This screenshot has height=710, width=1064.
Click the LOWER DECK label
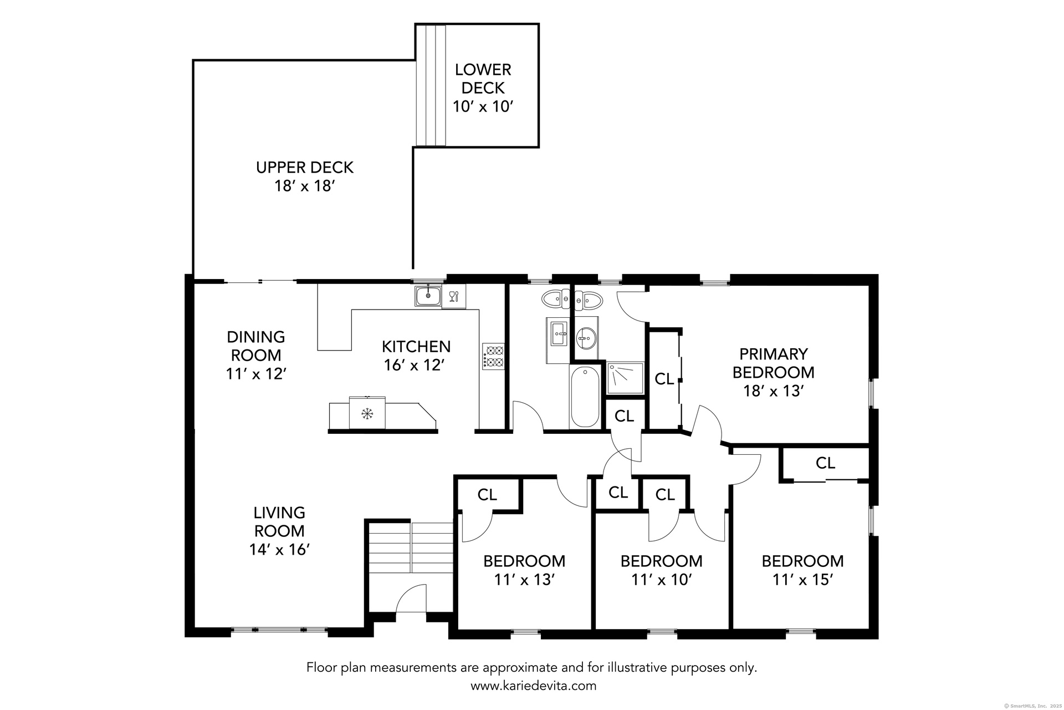(483, 79)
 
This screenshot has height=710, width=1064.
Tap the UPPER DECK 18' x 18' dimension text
(305, 186)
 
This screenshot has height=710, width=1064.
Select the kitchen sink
(428, 296)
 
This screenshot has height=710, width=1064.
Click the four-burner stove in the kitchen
(494, 356)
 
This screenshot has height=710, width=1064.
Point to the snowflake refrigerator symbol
(366, 413)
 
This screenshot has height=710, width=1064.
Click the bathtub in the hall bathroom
(585, 397)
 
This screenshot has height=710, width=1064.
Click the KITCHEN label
(416, 347)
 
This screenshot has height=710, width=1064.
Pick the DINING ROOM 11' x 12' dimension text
(256, 374)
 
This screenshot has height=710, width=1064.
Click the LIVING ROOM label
(279, 521)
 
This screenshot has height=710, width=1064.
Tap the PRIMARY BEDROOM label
(774, 363)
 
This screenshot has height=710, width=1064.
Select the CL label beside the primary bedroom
(664, 379)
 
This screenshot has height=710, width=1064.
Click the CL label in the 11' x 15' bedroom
(825, 463)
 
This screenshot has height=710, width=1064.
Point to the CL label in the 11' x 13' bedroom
(487, 494)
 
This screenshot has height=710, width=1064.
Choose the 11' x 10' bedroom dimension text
(662, 580)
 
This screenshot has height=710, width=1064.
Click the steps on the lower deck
(431, 85)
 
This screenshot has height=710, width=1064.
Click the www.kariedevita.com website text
(534, 686)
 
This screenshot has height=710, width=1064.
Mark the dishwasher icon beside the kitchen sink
(454, 296)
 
